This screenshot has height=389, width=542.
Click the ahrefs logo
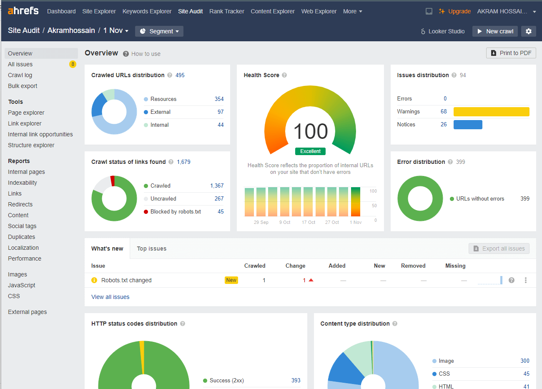[23, 11]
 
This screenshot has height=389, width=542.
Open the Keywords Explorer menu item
[147, 11]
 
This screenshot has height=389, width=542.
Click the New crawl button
[495, 31]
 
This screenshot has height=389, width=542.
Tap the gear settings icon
[529, 31]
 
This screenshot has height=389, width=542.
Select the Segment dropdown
[159, 31]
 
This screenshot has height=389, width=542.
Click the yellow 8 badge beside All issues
[73, 64]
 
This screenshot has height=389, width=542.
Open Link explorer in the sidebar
[25, 123]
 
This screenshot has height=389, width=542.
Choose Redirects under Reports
[20, 204]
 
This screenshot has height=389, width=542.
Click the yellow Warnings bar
[491, 111]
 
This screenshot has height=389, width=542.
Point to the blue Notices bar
[468, 125]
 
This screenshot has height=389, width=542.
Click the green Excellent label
[310, 151]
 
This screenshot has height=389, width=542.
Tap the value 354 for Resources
[219, 99]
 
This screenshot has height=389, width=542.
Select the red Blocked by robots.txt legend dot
[146, 212]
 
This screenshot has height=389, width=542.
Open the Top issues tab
[151, 248]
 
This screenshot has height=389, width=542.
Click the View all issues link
[110, 297]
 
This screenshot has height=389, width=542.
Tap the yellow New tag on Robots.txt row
[231, 280]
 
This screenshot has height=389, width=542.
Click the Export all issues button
[499, 248]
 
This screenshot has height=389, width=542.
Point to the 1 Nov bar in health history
[356, 201]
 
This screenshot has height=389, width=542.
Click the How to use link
[146, 54]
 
